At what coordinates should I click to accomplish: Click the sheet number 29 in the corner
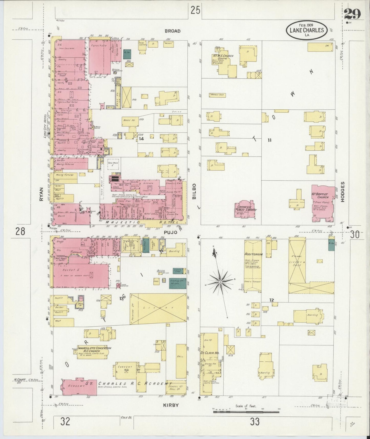tap(353, 14)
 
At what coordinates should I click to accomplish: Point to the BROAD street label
tap(172, 31)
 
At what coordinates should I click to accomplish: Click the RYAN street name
tap(42, 194)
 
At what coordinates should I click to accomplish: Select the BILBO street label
tap(194, 191)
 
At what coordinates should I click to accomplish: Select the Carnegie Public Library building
tap(245, 209)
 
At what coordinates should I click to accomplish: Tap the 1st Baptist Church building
tap(323, 203)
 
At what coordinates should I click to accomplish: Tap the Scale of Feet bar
tap(246, 412)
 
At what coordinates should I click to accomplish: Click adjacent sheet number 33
tap(255, 421)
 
